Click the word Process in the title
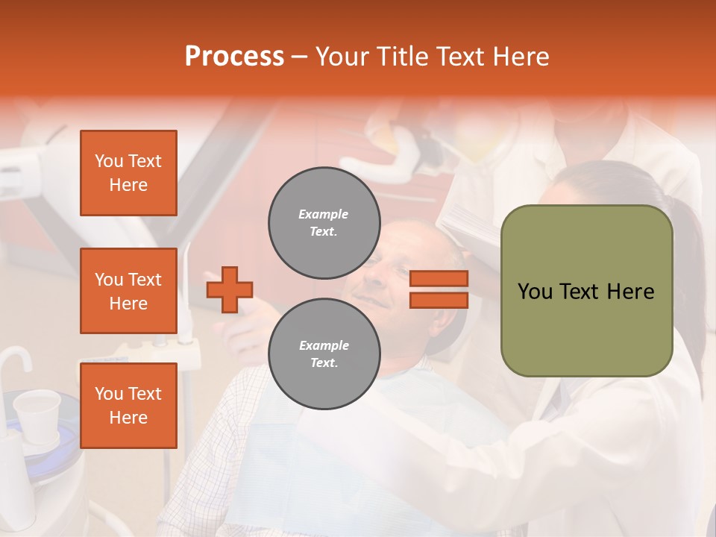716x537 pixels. tap(234, 57)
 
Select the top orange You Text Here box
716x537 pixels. tap(128, 173)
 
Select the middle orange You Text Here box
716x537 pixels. tap(128, 291)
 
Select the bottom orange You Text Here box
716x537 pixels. tap(128, 406)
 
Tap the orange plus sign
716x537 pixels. tap(230, 289)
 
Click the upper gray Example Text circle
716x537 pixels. tap(324, 223)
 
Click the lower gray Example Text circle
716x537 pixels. tap(324, 354)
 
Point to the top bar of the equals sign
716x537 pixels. tap(439, 279)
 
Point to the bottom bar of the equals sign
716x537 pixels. tap(439, 300)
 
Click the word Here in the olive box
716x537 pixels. tap(630, 292)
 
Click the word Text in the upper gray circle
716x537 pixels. tap(323, 232)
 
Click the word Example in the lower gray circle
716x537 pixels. tap(324, 345)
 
